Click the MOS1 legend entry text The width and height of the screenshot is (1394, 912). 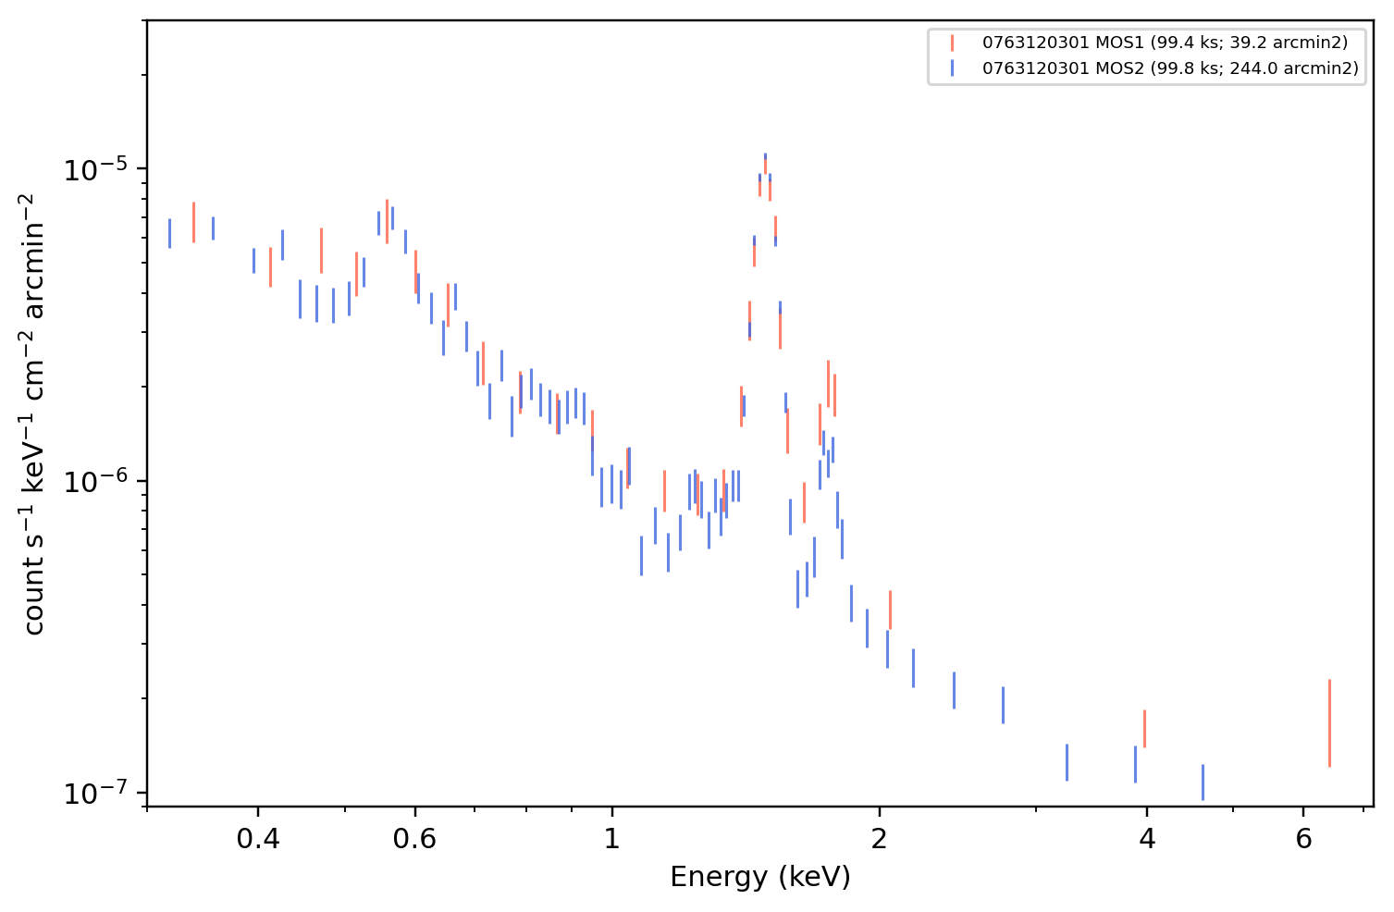[1165, 43]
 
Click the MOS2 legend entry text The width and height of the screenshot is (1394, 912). [1170, 68]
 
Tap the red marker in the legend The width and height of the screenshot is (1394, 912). [952, 43]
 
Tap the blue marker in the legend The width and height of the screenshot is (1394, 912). [952, 68]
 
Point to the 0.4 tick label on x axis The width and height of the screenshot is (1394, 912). [258, 839]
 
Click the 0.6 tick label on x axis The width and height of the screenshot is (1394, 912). [414, 839]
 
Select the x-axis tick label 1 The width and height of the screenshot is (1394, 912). [612, 839]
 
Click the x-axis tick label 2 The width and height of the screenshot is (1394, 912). [879, 839]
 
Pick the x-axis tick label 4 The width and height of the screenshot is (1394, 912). [1146, 839]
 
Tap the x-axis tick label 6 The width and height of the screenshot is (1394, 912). [1303, 839]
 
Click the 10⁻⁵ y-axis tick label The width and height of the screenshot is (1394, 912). [95, 168]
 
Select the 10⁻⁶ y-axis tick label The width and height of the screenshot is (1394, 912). [95, 480]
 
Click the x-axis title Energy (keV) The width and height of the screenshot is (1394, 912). [759, 877]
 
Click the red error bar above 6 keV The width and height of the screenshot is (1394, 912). [1329, 723]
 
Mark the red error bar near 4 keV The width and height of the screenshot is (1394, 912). [1144, 729]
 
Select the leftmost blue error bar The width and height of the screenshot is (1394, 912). [170, 233]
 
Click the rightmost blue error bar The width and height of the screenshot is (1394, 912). [1203, 782]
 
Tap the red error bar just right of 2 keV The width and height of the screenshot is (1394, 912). [890, 610]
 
